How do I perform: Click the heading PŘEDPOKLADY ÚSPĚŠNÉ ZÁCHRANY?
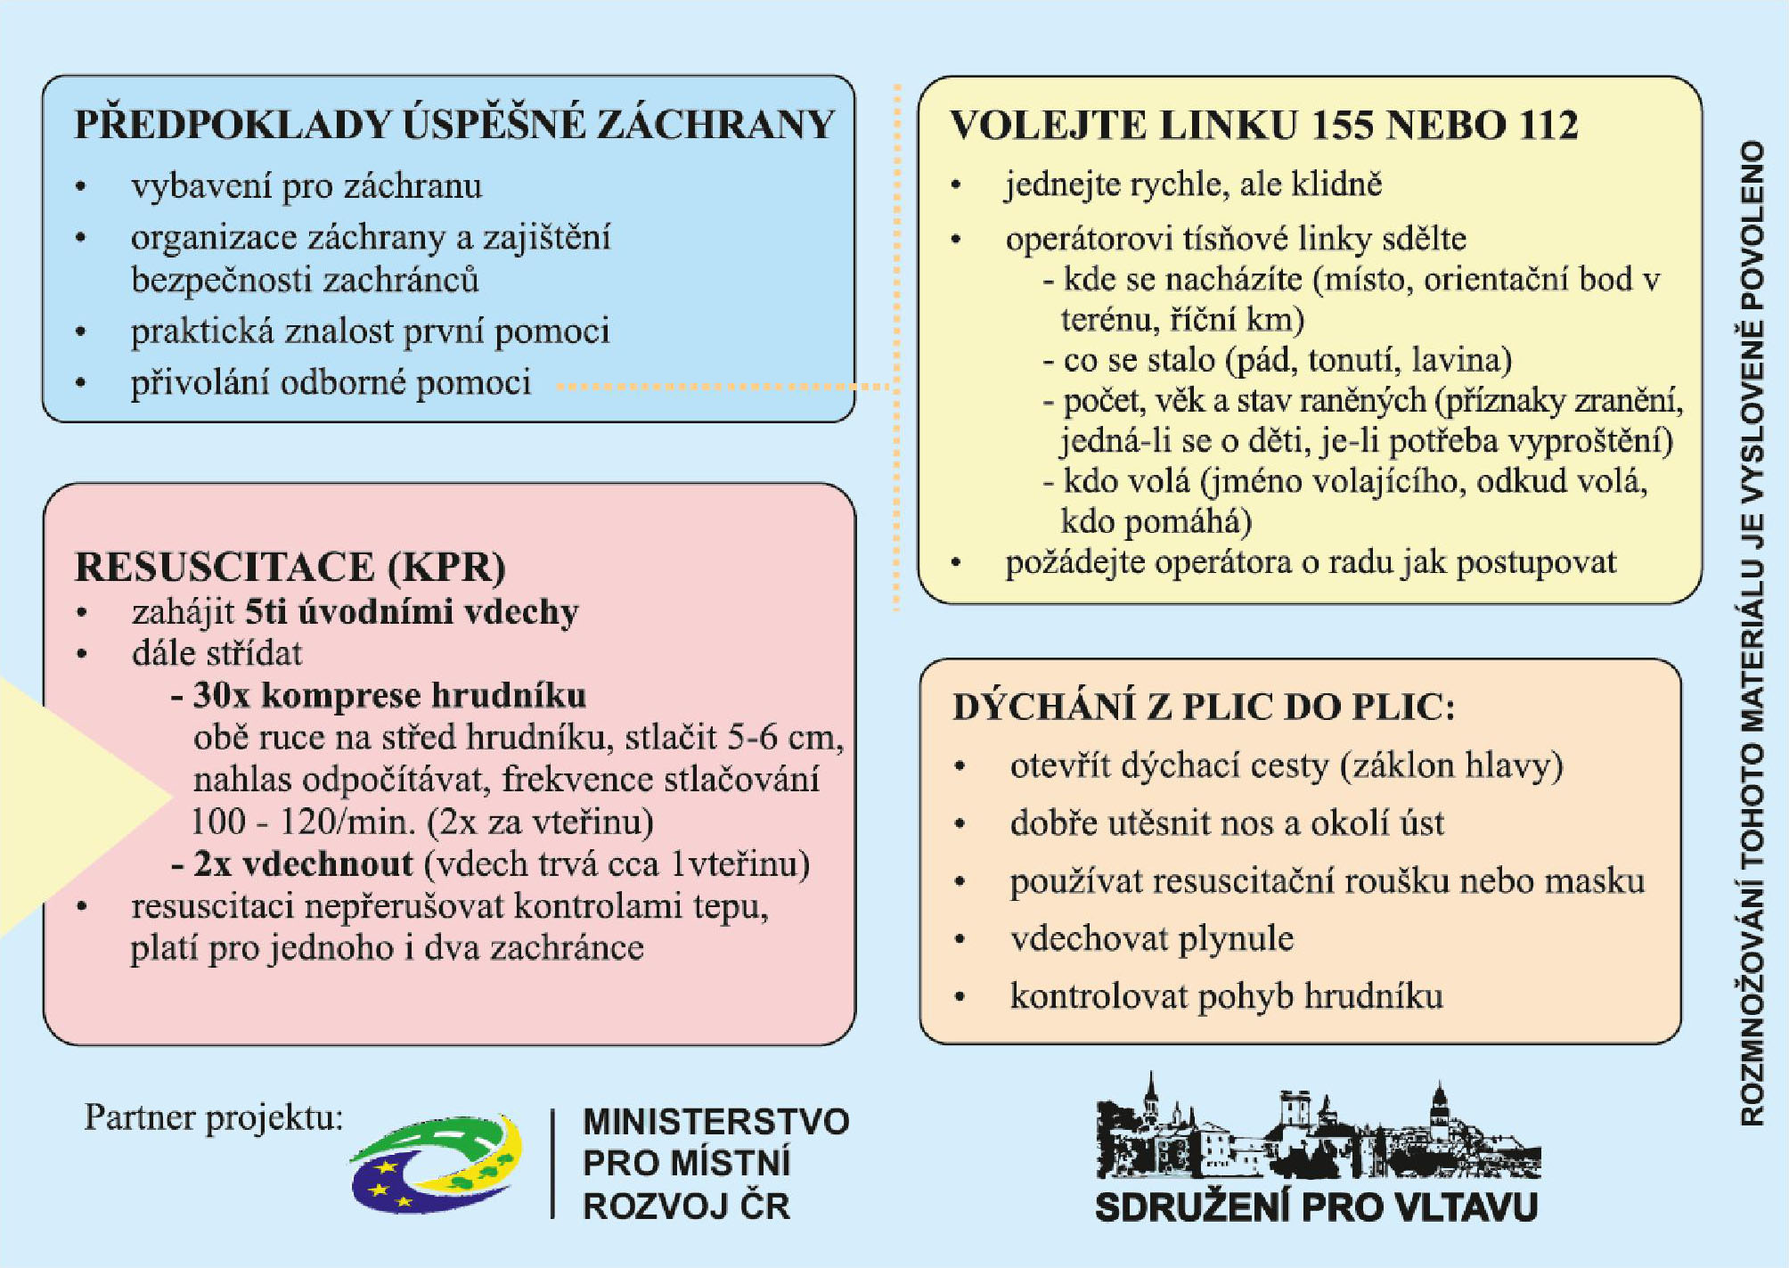click(x=454, y=125)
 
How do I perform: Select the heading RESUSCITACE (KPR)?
click(x=290, y=568)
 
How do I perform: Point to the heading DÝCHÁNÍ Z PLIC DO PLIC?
click(x=1204, y=708)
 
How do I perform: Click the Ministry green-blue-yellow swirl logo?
click(x=437, y=1164)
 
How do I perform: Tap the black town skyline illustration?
click(x=1317, y=1132)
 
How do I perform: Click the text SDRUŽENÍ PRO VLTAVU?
click(x=1317, y=1207)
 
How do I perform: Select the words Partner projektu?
click(x=214, y=1117)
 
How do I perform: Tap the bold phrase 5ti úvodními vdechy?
click(x=412, y=611)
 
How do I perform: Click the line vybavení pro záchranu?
click(x=306, y=186)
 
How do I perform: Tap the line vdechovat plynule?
click(x=1151, y=939)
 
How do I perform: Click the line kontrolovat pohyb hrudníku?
click(x=1226, y=996)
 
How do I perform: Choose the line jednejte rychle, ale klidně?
click(x=1194, y=184)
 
